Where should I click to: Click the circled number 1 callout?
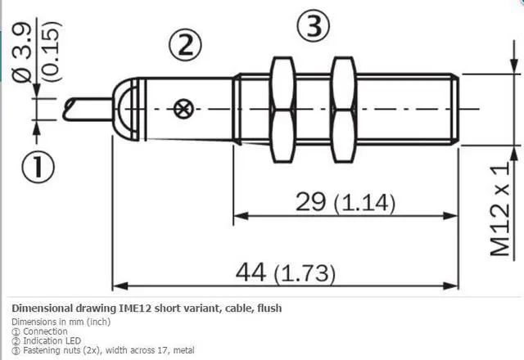coord(37,168)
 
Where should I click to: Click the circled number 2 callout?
coord(185,44)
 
